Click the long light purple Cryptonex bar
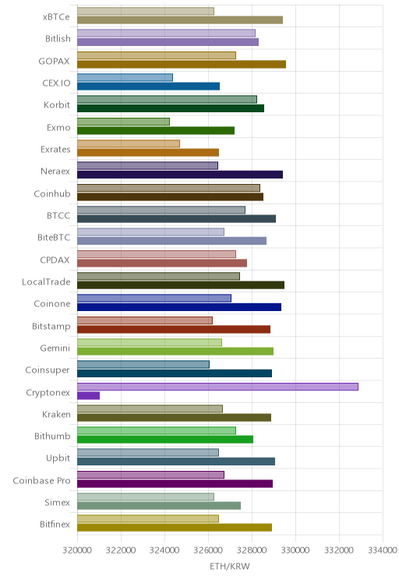(217, 387)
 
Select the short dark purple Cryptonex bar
(88, 395)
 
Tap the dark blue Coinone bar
(179, 307)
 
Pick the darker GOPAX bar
(182, 65)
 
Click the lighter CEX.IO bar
(125, 77)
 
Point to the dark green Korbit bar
(171, 108)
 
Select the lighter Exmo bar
(123, 122)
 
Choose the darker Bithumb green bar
(165, 440)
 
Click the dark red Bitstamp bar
(174, 329)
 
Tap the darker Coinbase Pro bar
(175, 483)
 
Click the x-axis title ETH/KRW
(230, 566)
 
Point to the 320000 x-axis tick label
(77, 550)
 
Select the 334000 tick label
(383, 550)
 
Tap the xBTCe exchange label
(56, 16)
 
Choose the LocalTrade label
(46, 282)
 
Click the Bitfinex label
(55, 524)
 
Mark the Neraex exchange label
(55, 172)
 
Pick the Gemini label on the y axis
(55, 348)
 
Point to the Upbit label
(58, 458)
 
